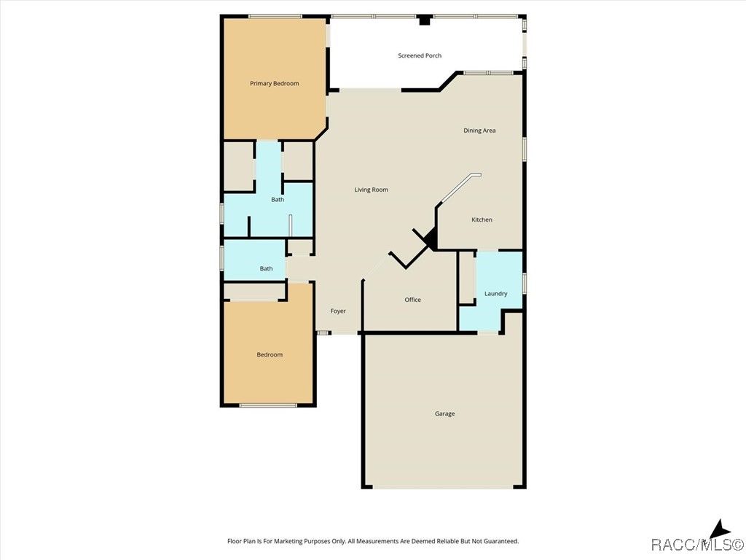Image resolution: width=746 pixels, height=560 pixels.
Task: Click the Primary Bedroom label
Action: point(275,84)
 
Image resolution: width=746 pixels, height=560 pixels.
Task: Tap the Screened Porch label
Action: point(420,55)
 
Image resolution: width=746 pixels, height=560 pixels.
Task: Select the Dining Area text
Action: point(479,131)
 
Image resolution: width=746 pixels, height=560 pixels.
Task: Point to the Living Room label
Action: point(371,190)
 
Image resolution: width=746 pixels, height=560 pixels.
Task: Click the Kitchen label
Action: point(482,219)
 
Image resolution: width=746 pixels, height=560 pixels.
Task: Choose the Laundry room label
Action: point(495,294)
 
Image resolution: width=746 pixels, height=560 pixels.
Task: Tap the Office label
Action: point(412,300)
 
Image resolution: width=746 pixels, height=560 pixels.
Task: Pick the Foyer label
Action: point(338,311)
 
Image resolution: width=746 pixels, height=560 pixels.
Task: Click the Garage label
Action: point(444,414)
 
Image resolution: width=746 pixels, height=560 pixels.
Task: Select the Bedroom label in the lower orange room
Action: point(270,355)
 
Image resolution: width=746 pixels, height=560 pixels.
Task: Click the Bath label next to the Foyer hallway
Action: point(266,268)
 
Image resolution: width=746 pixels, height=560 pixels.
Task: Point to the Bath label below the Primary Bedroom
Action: point(278,200)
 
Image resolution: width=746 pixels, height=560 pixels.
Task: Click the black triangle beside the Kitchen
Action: point(431,238)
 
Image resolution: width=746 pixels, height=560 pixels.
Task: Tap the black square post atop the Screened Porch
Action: point(424,20)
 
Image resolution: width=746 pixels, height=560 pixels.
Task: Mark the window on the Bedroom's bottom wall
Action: point(268,405)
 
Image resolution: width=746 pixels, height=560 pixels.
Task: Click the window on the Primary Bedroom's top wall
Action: point(275,17)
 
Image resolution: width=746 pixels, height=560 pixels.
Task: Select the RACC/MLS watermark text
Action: point(697,544)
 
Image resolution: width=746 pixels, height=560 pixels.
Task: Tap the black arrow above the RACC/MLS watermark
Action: point(720,529)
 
